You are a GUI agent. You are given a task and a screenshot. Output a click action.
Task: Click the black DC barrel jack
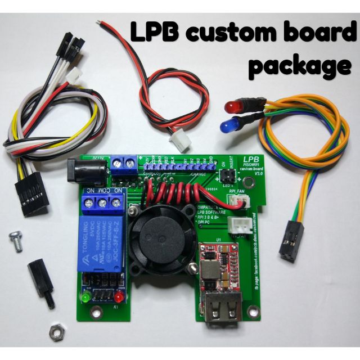(x=84, y=171)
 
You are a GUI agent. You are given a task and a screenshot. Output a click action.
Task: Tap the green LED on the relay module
(x=86, y=296)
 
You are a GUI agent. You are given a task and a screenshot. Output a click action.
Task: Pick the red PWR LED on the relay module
(x=119, y=297)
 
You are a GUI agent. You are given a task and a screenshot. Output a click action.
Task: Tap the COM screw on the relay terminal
(x=102, y=202)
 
